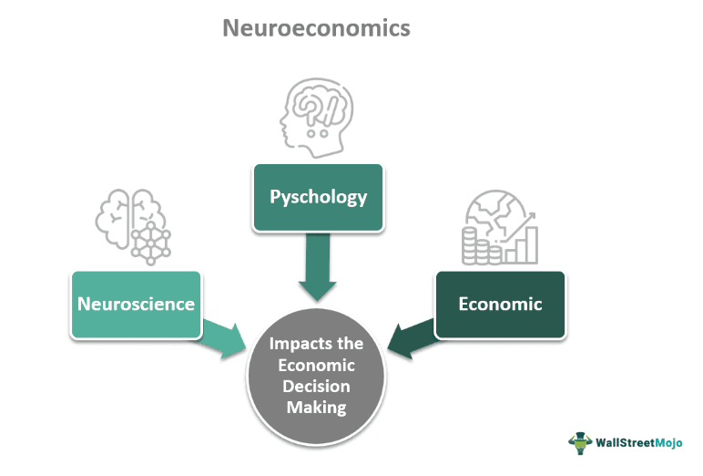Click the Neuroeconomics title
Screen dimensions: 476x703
pos(316,28)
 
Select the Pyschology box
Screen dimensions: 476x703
pos(318,197)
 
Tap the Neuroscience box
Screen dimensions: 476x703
pos(137,304)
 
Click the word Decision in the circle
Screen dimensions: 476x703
pos(317,386)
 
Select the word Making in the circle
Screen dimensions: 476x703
pos(317,407)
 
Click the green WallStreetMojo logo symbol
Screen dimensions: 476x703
pos(581,443)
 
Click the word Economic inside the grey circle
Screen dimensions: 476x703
pos(317,365)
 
